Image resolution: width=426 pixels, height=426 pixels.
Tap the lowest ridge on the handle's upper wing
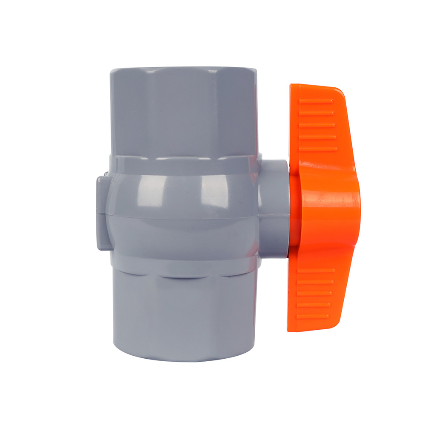(317, 149)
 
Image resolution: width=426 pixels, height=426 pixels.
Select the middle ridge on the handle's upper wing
(317, 125)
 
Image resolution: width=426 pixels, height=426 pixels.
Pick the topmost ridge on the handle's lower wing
(316, 270)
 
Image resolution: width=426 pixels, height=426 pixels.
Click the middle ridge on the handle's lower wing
(316, 294)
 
